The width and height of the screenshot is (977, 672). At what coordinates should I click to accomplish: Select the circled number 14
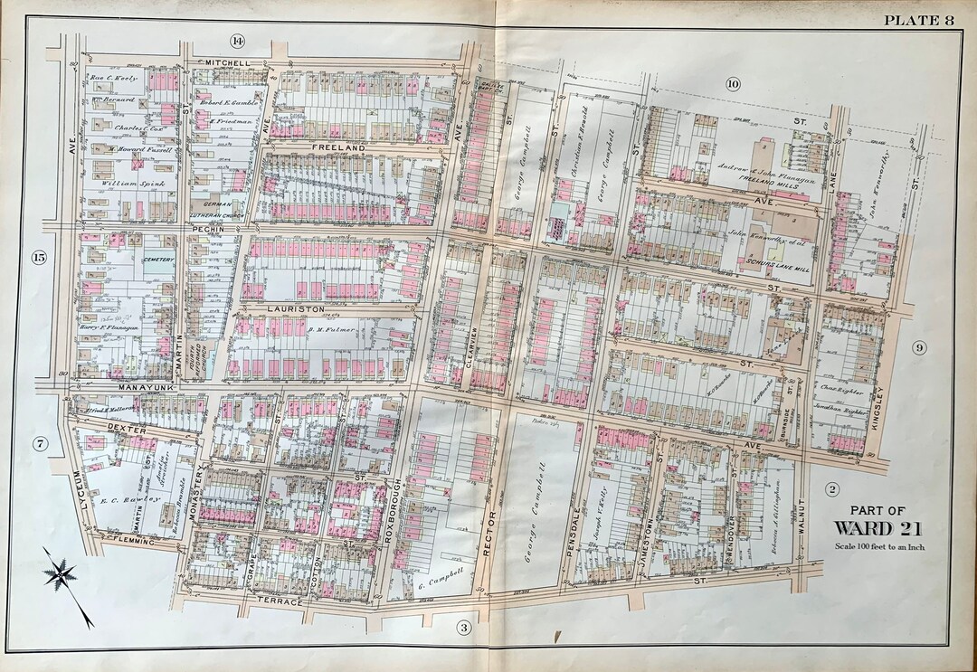[238, 41]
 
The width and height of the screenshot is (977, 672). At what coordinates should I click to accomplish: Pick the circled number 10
[733, 84]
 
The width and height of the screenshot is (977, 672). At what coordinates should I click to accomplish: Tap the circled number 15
[38, 258]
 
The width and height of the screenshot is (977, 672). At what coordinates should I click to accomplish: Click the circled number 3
[463, 627]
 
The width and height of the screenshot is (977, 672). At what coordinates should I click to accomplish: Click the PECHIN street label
[208, 231]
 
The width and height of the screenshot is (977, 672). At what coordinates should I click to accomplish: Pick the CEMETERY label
[157, 260]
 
